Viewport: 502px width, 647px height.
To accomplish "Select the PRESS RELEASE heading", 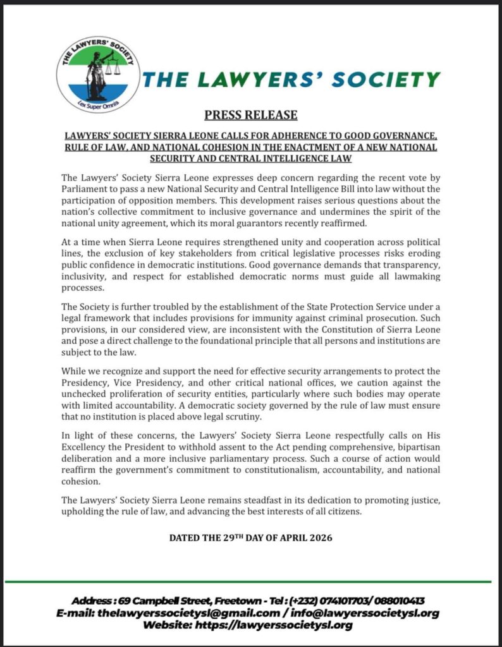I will click(x=250, y=115).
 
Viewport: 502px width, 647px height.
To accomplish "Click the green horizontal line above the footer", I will click(x=250, y=581).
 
